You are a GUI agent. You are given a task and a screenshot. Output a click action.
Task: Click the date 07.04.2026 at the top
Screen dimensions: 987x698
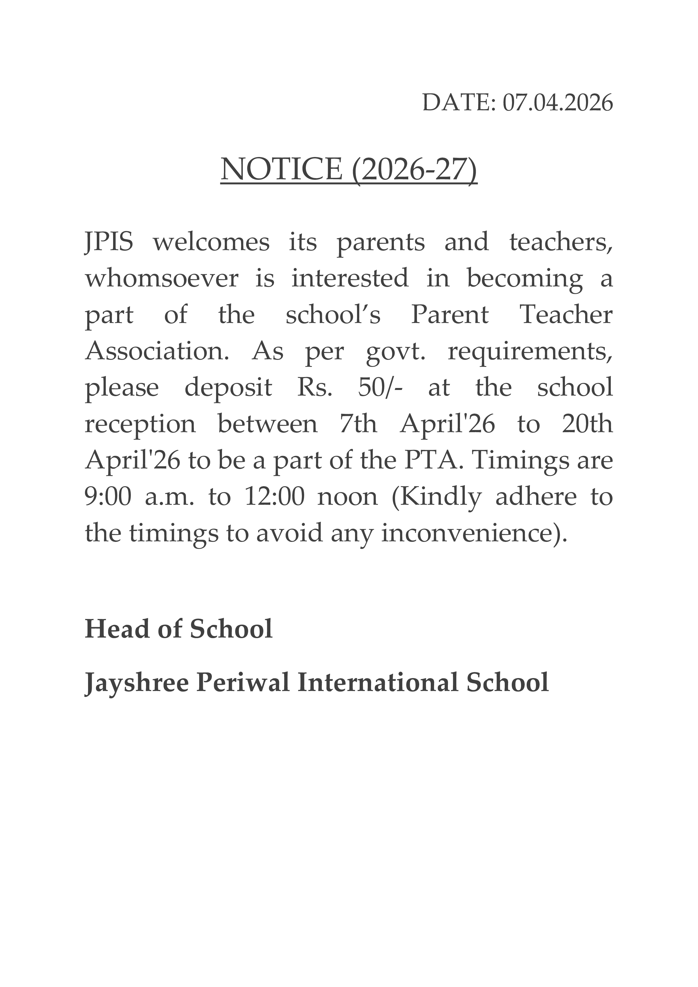click(x=557, y=104)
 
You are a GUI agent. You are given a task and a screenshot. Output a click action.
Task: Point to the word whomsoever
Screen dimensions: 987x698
click(x=161, y=279)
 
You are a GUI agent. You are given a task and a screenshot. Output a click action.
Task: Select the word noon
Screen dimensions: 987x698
click(x=347, y=498)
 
